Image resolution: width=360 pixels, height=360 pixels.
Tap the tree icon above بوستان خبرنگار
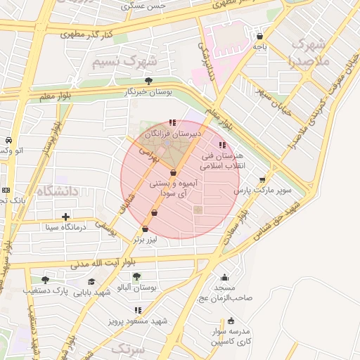coord(147,81)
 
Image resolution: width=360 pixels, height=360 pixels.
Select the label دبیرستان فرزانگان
coord(173,133)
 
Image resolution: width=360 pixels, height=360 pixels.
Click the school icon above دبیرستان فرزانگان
coord(172,123)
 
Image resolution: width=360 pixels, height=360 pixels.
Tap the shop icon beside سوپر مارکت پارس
coord(263,180)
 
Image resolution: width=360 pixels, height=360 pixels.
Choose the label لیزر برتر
coord(147,239)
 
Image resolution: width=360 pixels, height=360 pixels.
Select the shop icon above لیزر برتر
coord(146,229)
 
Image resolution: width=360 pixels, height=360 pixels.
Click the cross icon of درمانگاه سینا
coord(66,217)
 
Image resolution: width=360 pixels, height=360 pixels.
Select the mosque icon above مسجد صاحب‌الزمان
coord(224,278)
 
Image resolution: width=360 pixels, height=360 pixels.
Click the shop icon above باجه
coord(260,36)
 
